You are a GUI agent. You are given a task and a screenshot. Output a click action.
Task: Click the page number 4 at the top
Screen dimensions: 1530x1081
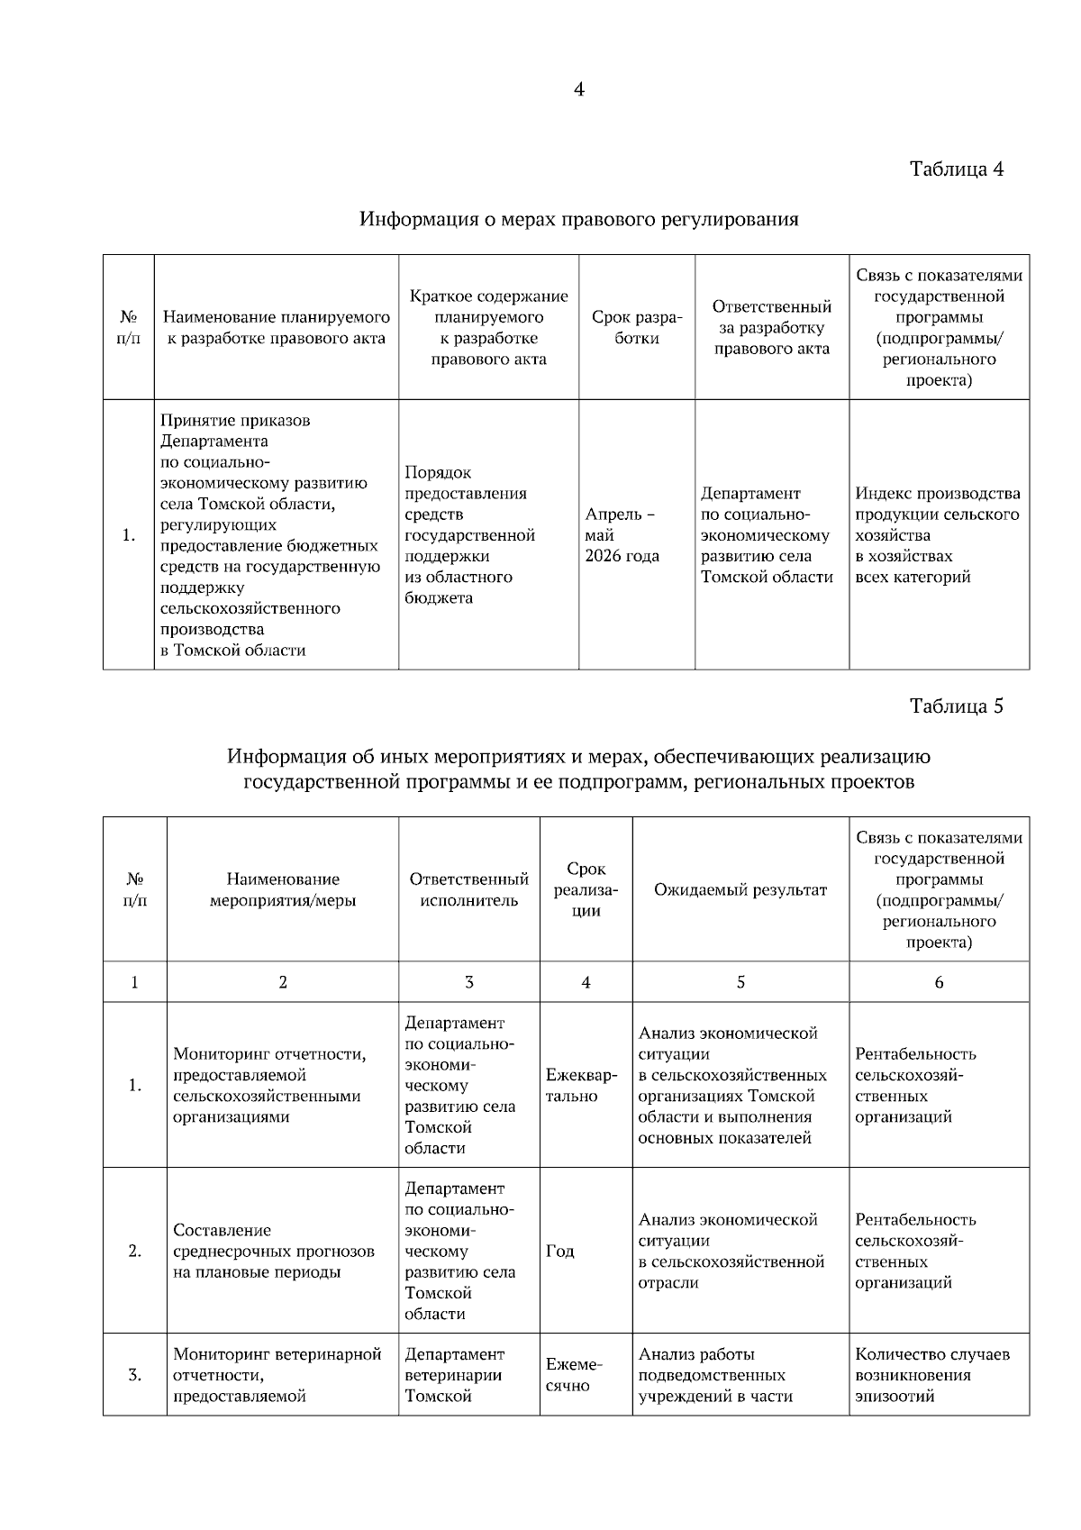[x=578, y=90]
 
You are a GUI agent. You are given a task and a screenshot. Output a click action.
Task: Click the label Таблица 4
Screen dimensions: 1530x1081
[x=956, y=169]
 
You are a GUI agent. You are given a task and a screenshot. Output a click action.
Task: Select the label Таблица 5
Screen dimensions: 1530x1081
[x=956, y=706]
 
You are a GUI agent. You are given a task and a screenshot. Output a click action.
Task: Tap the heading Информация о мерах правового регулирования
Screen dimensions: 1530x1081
[x=579, y=219]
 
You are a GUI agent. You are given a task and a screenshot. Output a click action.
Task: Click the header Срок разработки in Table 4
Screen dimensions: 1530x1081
[x=636, y=328]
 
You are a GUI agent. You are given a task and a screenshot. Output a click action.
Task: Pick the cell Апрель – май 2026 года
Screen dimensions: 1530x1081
[x=622, y=535]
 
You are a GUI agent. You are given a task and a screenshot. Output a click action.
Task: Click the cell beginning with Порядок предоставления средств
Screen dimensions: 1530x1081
[x=470, y=535]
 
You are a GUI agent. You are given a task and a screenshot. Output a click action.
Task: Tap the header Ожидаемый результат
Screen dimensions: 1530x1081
[x=740, y=890]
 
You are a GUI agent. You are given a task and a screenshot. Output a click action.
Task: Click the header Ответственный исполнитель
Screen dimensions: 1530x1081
[x=468, y=890]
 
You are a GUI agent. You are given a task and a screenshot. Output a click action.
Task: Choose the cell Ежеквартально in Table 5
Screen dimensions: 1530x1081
[x=582, y=1086]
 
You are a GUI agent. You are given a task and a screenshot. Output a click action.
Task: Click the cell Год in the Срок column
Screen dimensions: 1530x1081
[x=560, y=1252]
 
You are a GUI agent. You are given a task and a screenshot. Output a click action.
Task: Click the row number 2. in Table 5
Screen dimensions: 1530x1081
[x=135, y=1252]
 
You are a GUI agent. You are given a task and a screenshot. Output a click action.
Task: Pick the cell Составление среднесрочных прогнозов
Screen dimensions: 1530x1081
[x=273, y=1252]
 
